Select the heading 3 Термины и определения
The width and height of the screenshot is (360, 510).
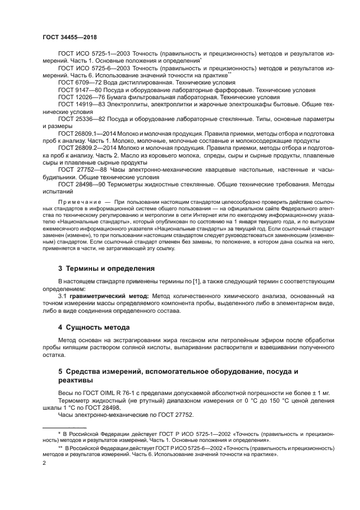click(106, 269)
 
